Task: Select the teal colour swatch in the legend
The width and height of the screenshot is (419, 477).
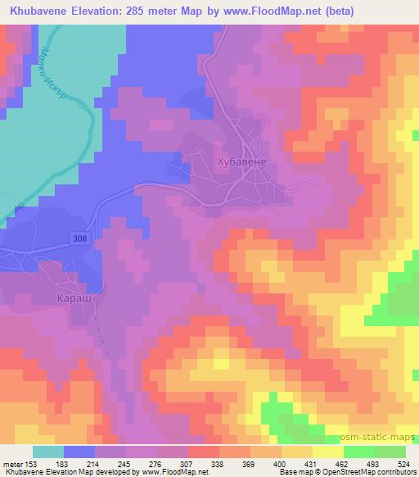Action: click(48, 452)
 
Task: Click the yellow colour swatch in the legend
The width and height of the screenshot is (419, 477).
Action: click(328, 452)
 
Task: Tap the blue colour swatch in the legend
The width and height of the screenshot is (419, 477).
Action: click(79, 452)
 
